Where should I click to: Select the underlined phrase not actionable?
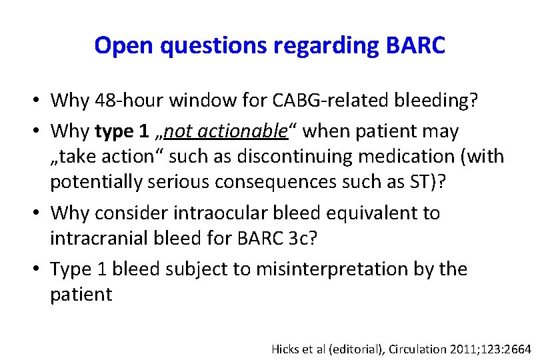[x=226, y=131]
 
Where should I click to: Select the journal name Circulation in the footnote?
[x=412, y=348]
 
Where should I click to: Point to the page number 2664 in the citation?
[x=517, y=348]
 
